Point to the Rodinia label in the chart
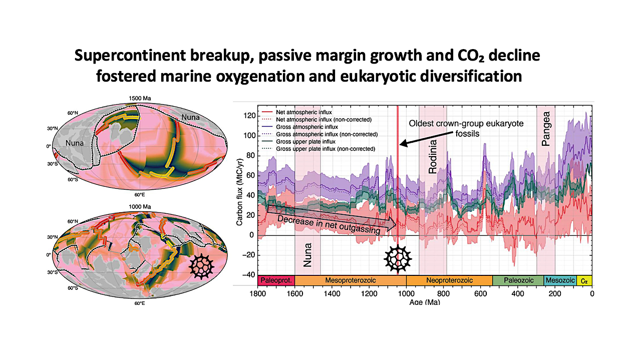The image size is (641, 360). (434, 157)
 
